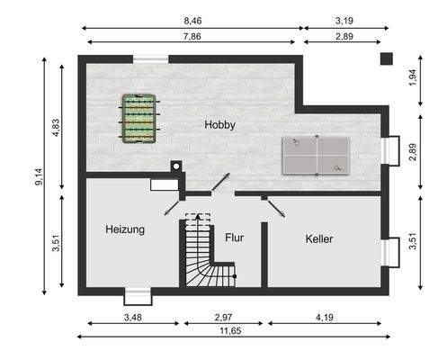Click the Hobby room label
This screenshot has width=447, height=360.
tap(219, 125)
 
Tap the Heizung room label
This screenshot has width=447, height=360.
tap(124, 229)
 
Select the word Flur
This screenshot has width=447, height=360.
tap(235, 239)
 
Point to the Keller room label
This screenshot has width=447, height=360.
tap(319, 239)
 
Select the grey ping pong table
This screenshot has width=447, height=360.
tap(317, 155)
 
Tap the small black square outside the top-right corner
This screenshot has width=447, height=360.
tap(386, 58)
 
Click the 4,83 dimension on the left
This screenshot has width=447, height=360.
tap(56, 127)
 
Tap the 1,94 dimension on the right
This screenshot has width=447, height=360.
tap(412, 77)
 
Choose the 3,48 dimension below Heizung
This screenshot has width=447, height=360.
tap(132, 318)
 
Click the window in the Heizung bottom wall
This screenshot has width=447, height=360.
tap(138, 294)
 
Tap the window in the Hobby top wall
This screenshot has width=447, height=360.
tap(150, 59)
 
